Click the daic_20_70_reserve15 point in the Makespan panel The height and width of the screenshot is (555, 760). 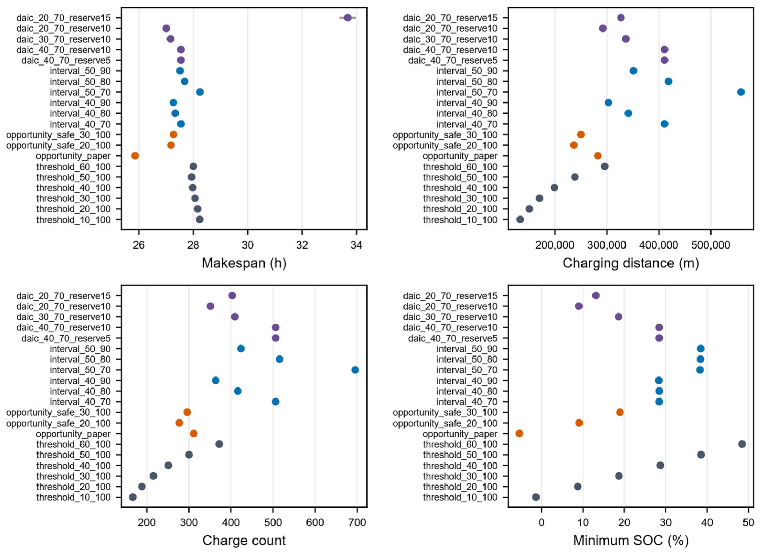coord(347,18)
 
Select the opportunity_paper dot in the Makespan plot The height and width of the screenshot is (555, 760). coord(135,155)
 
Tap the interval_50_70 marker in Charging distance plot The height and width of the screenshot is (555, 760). coord(741,92)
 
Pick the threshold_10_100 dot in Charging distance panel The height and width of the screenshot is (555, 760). coord(520,220)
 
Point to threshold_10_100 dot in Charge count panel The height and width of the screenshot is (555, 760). coord(133,497)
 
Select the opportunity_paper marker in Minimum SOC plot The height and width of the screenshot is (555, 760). coord(519,433)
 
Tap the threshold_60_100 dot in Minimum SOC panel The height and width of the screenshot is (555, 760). coord(742,444)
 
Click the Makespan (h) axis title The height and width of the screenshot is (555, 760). coord(244,263)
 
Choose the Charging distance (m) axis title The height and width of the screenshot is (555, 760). coord(631,263)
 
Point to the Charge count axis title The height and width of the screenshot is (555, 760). coord(244,541)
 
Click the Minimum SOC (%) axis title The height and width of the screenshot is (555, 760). coord(631,541)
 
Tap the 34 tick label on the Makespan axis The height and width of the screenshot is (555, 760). coord(357,245)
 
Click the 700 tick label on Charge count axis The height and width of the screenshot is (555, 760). coord(357,523)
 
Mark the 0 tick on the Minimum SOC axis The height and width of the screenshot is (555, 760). coord(541,523)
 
